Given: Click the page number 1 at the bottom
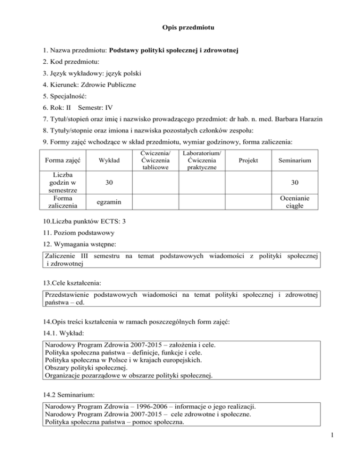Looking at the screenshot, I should [x=351, y=454].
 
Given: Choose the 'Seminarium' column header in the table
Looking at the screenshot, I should [x=295, y=161].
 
